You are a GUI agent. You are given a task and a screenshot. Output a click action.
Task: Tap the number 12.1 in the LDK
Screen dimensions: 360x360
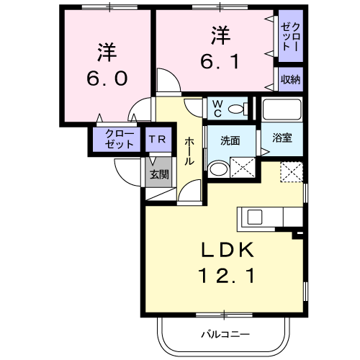click(225, 275)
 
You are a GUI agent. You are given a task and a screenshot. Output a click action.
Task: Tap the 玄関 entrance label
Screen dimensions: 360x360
click(159, 174)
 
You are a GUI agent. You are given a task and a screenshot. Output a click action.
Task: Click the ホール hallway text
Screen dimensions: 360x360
click(189, 150)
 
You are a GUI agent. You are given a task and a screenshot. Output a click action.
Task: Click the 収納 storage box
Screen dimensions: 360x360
click(290, 79)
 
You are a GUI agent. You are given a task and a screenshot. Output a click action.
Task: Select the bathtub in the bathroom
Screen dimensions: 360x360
click(282, 109)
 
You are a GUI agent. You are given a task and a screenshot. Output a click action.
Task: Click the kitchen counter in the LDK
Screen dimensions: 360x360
click(271, 217)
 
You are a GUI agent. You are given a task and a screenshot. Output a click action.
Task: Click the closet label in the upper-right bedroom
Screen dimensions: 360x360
click(290, 40)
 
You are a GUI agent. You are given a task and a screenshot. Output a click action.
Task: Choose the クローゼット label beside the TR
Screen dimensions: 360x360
click(119, 139)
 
